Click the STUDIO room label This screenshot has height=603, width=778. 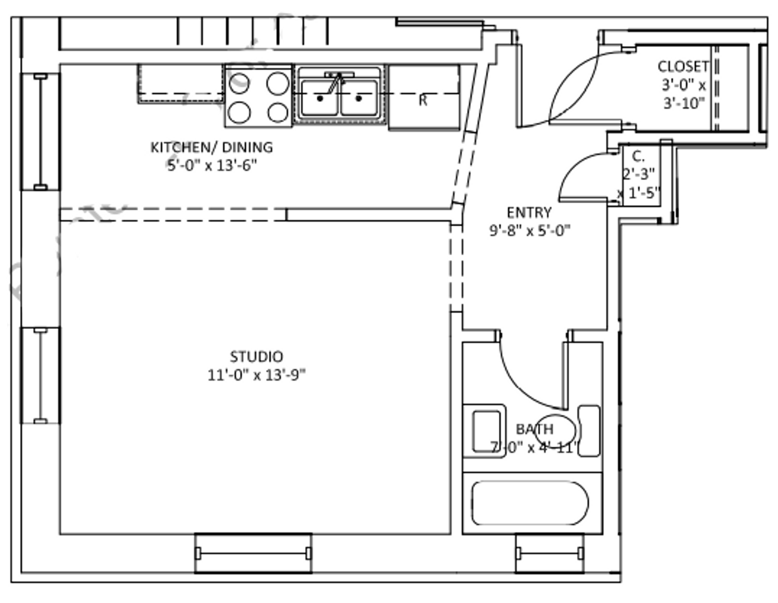(256, 356)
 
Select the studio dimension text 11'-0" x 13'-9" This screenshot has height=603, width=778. (256, 375)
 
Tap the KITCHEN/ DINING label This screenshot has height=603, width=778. (212, 147)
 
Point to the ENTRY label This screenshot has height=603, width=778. (529, 213)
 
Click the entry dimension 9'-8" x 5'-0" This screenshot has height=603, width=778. (529, 231)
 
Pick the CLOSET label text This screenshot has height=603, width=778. (683, 66)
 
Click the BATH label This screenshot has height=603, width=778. (534, 429)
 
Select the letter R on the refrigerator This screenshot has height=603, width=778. (423, 100)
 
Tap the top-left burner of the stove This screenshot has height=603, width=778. (240, 84)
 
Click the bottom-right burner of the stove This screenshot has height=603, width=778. (278, 113)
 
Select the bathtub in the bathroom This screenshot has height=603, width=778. (529, 503)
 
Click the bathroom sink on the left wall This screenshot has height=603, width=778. (486, 431)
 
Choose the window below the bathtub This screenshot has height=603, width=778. (550, 553)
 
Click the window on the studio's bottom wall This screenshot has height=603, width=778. (253, 553)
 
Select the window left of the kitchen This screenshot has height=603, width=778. (40, 132)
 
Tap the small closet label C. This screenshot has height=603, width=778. (637, 156)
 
